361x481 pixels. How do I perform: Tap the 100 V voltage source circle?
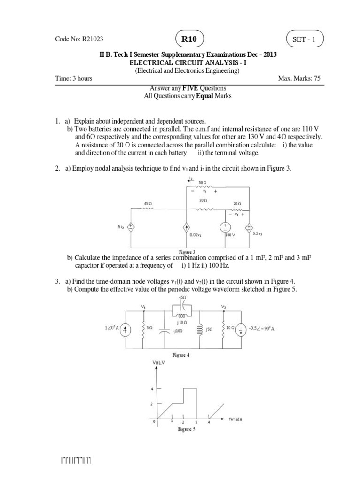click(225, 227)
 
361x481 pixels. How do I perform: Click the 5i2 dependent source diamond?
click(131, 227)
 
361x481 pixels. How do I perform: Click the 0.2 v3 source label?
click(258, 233)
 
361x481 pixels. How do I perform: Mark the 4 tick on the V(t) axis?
click(152, 388)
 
